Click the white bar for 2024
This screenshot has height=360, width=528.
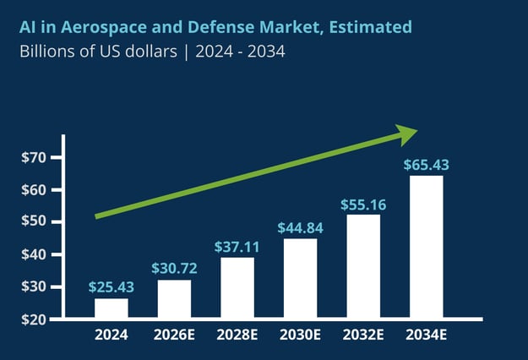pyautogui.click(x=112, y=308)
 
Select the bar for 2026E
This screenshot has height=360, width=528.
pyautogui.click(x=174, y=299)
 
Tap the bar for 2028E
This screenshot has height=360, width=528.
pyautogui.click(x=237, y=288)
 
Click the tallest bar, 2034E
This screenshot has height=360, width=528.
pyautogui.click(x=427, y=248)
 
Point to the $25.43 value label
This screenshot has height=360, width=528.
pyautogui.click(x=112, y=287)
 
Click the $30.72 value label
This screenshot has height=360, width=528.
pyautogui.click(x=174, y=268)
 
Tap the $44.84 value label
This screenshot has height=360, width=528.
pyautogui.click(x=300, y=227)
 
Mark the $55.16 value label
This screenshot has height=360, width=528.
pyautogui.click(x=363, y=204)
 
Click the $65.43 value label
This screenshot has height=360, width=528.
pyautogui.click(x=427, y=164)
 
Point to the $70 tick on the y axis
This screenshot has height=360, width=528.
pyautogui.click(x=35, y=157)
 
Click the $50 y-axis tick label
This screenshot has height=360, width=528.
pyautogui.click(x=35, y=222)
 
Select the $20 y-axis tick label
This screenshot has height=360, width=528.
pyautogui.click(x=35, y=319)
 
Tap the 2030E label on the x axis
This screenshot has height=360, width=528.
pyautogui.click(x=300, y=335)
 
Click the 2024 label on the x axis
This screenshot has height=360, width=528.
pyautogui.click(x=112, y=335)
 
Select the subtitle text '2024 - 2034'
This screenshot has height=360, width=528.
pyautogui.click(x=240, y=52)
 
